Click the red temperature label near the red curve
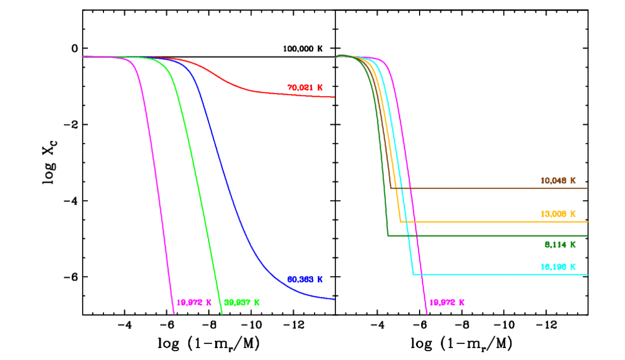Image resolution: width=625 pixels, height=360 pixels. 305,88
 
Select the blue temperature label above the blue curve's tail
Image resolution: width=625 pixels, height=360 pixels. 305,280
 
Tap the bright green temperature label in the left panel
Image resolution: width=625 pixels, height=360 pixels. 241,303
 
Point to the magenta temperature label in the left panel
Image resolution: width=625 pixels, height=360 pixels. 194,303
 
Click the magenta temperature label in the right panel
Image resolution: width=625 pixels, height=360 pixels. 447,303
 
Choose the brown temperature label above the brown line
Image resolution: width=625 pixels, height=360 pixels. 558,181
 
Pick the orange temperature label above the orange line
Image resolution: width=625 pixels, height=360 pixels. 558,214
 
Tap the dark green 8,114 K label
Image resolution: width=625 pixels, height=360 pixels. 560,245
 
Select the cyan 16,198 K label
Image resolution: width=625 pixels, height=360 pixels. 558,267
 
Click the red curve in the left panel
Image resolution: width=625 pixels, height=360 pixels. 261,92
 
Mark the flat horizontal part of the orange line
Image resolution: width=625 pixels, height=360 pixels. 496,222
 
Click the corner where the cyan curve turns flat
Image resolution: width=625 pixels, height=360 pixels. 413,274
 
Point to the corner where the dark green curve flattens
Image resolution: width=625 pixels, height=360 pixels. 388,236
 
